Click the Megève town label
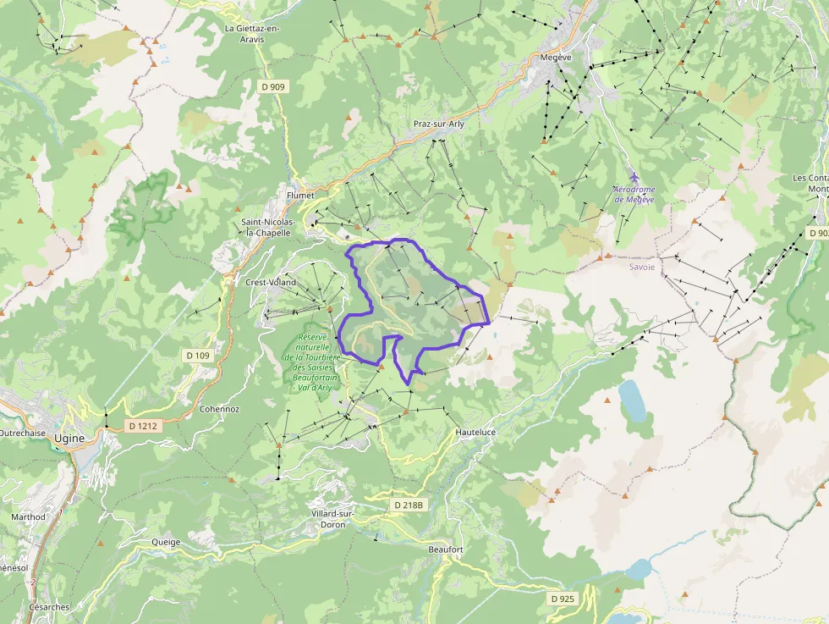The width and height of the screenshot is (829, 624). pos(556,58)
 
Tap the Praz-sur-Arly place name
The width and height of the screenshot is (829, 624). pos(439,124)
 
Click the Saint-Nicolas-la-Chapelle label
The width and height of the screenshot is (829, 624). pos(266,227)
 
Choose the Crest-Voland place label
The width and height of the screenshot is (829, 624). pos(270,283)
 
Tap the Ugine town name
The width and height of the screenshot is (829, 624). pos(69,438)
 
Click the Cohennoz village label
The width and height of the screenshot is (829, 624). pos(219,409)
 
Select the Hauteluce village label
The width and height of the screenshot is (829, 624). pos(475,432)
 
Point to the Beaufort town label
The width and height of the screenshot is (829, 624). pos(446,549)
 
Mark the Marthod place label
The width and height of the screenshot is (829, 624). pos(28,516)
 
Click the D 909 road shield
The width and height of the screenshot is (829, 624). pos(273,86)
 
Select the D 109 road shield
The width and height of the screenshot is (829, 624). pos(197,356)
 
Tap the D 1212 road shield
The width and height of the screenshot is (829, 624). pos(142,426)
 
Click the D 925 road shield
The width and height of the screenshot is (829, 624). pos(562,599)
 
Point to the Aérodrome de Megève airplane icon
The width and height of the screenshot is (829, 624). pos(634,176)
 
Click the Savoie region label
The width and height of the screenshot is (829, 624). pos(642,266)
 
